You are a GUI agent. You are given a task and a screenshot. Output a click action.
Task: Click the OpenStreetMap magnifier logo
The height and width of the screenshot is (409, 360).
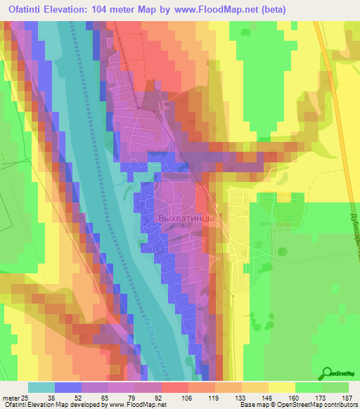pos(327,373)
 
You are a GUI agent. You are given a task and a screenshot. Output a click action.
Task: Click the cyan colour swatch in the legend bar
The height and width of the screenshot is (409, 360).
pos(41,387)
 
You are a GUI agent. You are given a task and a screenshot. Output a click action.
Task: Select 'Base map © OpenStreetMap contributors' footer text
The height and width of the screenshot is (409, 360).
pos(298,405)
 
